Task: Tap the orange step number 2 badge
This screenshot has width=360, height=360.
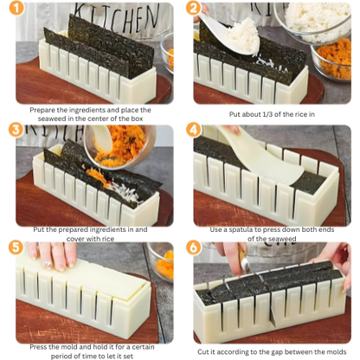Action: click(194, 10)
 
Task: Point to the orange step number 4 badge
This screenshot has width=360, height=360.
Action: click(194, 130)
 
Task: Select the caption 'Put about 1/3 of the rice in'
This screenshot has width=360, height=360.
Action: click(271, 114)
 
